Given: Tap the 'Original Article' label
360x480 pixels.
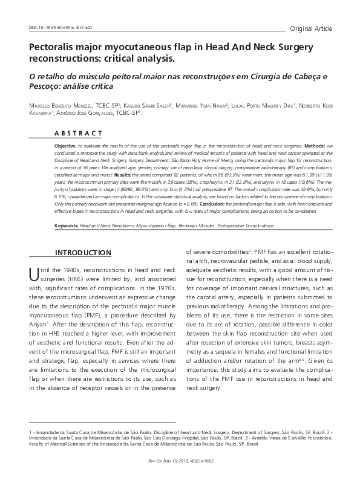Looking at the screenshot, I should [x=311, y=28].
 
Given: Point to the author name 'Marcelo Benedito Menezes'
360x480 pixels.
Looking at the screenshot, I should [x=73, y=105].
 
